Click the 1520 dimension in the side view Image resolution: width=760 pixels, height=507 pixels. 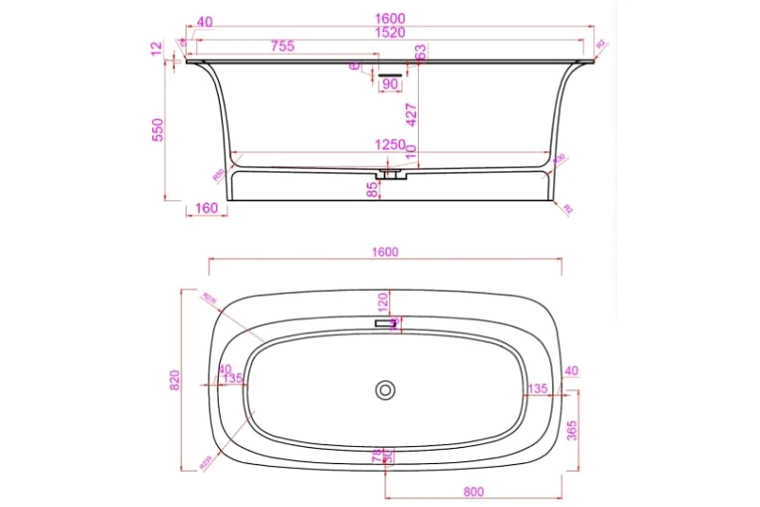[x=390, y=33]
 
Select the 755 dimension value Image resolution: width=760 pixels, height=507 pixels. [x=283, y=46]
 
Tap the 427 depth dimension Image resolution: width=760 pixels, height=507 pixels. [x=411, y=115]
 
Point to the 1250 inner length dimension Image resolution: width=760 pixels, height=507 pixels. [x=390, y=145]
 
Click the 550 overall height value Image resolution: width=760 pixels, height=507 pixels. [x=157, y=130]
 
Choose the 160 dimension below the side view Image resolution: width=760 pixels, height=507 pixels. [x=206, y=208]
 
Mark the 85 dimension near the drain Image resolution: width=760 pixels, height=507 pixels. [x=373, y=189]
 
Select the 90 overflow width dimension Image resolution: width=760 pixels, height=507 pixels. [x=390, y=84]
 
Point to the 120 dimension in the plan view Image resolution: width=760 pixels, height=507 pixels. [x=382, y=301]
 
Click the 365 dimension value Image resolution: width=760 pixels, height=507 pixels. [x=571, y=431]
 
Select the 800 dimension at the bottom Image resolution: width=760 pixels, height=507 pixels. [x=474, y=492]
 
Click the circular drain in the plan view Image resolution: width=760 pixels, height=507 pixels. [x=384, y=390]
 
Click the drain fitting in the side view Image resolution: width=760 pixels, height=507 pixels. [x=389, y=174]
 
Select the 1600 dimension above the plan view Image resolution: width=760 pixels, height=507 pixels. [x=385, y=252]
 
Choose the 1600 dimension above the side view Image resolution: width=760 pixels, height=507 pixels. [x=390, y=19]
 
